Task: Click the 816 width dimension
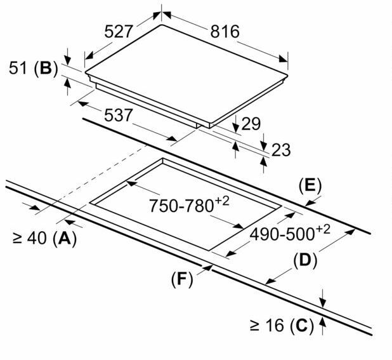tap(225, 32)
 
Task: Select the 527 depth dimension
tap(118, 32)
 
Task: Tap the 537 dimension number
tap(118, 116)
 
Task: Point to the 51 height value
tap(18, 68)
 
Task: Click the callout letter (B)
tap(46, 68)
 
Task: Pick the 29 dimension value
tap(251, 124)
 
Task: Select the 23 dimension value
tap(281, 150)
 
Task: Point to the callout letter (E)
tap(310, 187)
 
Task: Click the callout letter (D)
tap(305, 261)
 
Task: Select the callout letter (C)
tap(302, 326)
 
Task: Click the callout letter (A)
tap(65, 238)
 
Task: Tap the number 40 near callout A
tap(37, 238)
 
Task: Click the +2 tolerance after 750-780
tap(221, 201)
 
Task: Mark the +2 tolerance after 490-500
tap(322, 230)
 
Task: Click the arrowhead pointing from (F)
tap(208, 267)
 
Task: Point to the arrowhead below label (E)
tap(310, 203)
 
